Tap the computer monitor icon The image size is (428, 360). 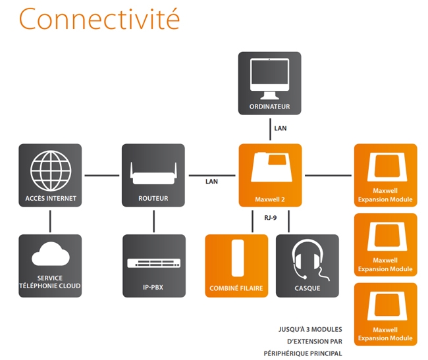point(269,76)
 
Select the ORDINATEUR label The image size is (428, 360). point(269,107)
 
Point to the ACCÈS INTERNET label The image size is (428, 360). point(51,198)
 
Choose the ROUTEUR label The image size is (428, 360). point(153,198)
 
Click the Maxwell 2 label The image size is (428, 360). point(270,199)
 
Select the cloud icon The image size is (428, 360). point(50,255)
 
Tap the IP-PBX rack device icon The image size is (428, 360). point(153,263)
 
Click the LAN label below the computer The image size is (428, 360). point(281,128)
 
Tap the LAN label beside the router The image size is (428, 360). point(211,181)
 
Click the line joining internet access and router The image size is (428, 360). point(101,176)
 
